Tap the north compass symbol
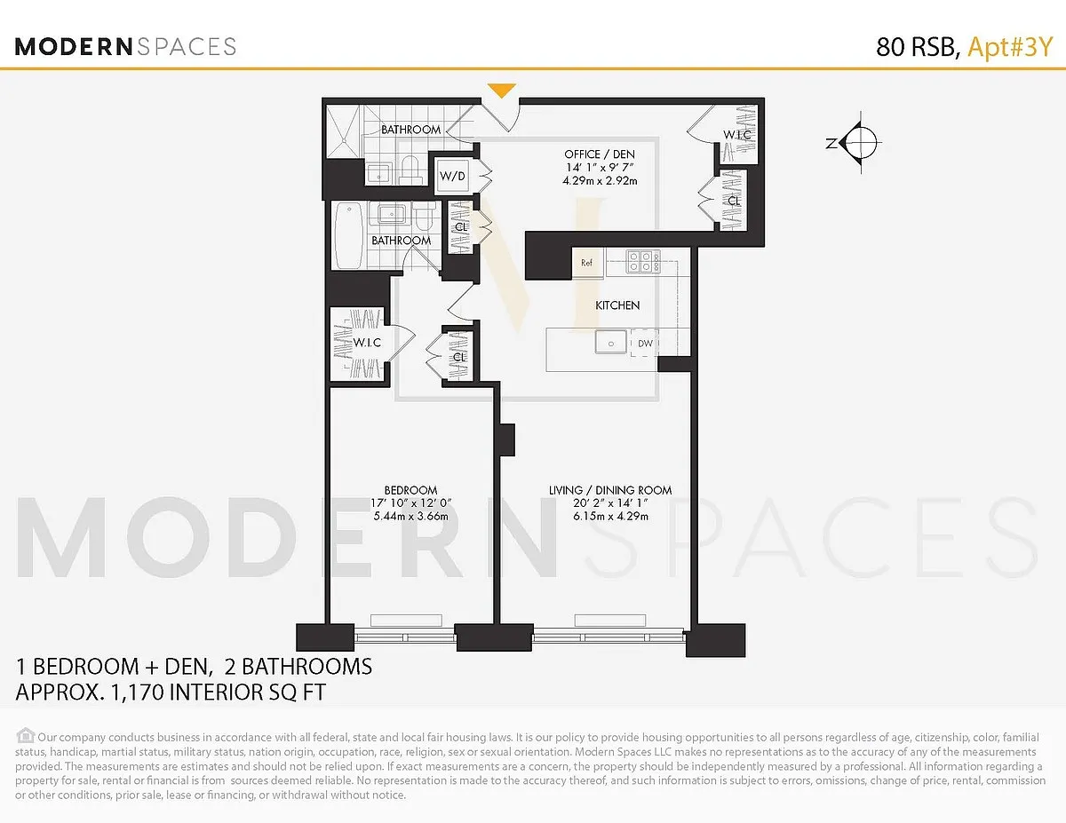(x=856, y=143)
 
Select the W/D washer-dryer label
(x=452, y=176)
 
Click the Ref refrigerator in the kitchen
(x=587, y=263)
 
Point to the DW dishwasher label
(x=645, y=343)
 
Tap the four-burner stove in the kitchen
(x=643, y=261)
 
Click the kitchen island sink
(x=611, y=342)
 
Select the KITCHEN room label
(x=617, y=305)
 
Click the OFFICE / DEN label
(x=600, y=154)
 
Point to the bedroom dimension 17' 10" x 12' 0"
(x=410, y=503)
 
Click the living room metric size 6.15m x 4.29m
(x=610, y=516)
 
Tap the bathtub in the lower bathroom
(x=349, y=235)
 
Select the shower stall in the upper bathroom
(x=345, y=131)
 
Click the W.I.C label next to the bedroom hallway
(x=367, y=342)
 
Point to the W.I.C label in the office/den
(x=736, y=134)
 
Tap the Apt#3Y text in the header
(x=1010, y=47)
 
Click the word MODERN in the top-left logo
(x=74, y=46)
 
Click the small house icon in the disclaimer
(x=26, y=736)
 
